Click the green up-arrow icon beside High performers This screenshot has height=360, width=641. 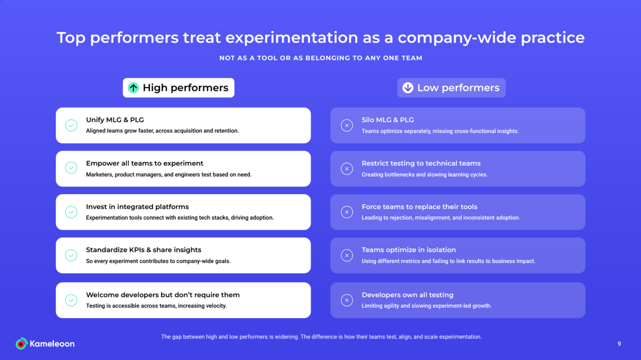click(x=133, y=88)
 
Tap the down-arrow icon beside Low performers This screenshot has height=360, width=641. click(x=408, y=88)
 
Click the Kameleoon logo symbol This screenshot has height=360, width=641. click(x=21, y=344)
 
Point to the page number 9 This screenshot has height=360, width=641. click(x=619, y=344)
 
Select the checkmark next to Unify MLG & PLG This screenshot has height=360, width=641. click(x=71, y=125)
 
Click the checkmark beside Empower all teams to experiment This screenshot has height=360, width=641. click(x=71, y=168)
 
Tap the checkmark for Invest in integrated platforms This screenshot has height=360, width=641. click(x=71, y=212)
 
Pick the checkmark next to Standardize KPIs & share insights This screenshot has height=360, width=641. click(x=71, y=255)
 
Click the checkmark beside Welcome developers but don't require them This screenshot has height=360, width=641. click(x=71, y=300)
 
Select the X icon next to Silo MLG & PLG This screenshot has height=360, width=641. click(x=347, y=125)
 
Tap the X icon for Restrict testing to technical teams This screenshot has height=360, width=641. click(x=347, y=169)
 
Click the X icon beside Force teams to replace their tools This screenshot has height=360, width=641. click(x=347, y=212)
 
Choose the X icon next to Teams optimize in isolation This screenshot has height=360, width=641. click(x=347, y=255)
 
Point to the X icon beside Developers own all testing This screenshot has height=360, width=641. click(x=347, y=300)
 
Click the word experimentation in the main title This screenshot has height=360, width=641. click(x=292, y=38)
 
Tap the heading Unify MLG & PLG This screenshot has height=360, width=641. click(x=115, y=120)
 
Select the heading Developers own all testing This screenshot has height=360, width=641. click(x=407, y=295)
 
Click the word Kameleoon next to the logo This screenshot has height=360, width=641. click(x=52, y=344)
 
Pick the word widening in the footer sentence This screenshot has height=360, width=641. click(x=286, y=337)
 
